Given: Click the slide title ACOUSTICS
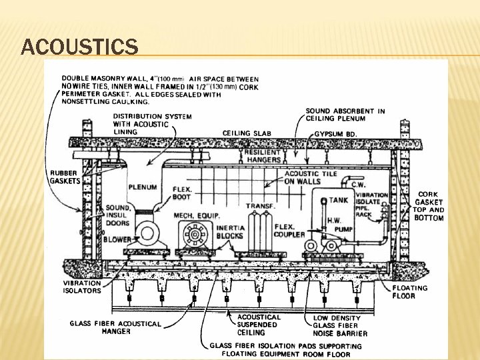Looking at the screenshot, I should [x=80, y=47].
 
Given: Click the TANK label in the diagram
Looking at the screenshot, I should [x=338, y=200].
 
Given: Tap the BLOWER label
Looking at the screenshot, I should [x=117, y=239].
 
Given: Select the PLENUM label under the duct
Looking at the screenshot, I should [x=142, y=187].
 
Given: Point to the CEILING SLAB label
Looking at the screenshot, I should [x=247, y=133].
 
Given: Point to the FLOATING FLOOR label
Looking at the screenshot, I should [x=409, y=291].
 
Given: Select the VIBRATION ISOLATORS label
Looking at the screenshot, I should [x=82, y=287].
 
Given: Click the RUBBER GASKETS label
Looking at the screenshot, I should [x=65, y=177].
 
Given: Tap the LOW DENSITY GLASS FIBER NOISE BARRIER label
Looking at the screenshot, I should [x=340, y=325].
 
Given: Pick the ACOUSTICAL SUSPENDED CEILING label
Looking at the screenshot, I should [x=259, y=325].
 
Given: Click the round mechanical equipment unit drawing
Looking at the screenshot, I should [x=195, y=235].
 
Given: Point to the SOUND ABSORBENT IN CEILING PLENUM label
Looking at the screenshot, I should [x=345, y=115].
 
